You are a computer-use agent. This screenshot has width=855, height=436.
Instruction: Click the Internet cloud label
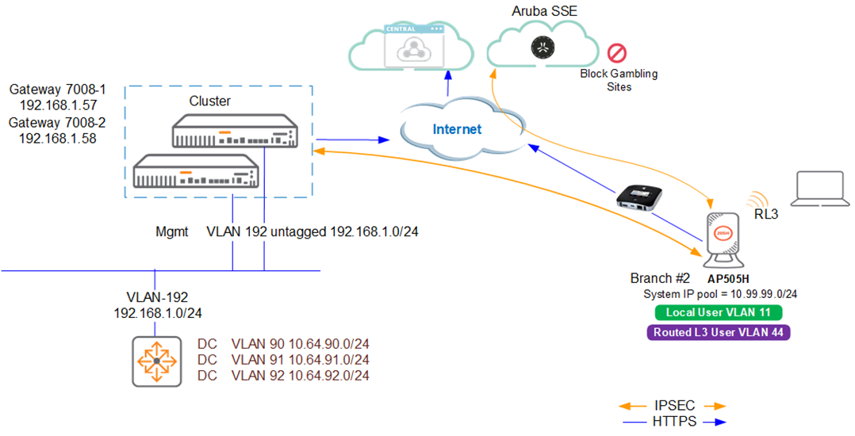tap(457, 129)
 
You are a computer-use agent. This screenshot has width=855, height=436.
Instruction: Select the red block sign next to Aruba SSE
tap(617, 54)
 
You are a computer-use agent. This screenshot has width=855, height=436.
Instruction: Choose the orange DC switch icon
tap(157, 361)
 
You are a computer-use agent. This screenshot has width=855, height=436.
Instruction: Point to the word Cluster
tap(209, 101)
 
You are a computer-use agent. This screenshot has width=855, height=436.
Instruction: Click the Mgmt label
tap(172, 232)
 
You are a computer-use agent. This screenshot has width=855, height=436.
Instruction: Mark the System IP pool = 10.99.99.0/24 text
tap(720, 294)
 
